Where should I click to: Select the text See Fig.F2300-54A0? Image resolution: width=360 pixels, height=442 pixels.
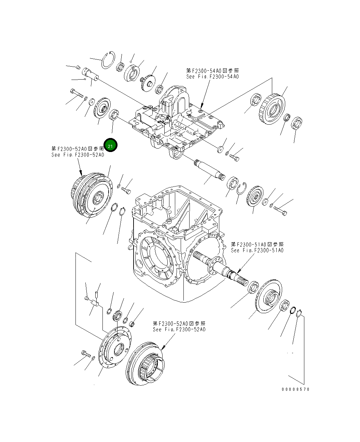click(212, 77)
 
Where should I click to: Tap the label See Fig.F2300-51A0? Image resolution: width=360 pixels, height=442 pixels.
click(257, 250)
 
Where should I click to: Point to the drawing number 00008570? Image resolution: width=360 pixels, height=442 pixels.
click(295, 389)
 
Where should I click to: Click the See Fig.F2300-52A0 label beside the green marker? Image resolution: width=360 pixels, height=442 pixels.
click(78, 155)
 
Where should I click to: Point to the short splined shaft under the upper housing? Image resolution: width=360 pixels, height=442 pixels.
click(209, 170)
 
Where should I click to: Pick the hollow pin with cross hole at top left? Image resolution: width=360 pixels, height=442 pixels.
click(90, 74)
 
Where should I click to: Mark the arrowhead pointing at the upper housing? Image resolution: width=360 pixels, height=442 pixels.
click(202, 106)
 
